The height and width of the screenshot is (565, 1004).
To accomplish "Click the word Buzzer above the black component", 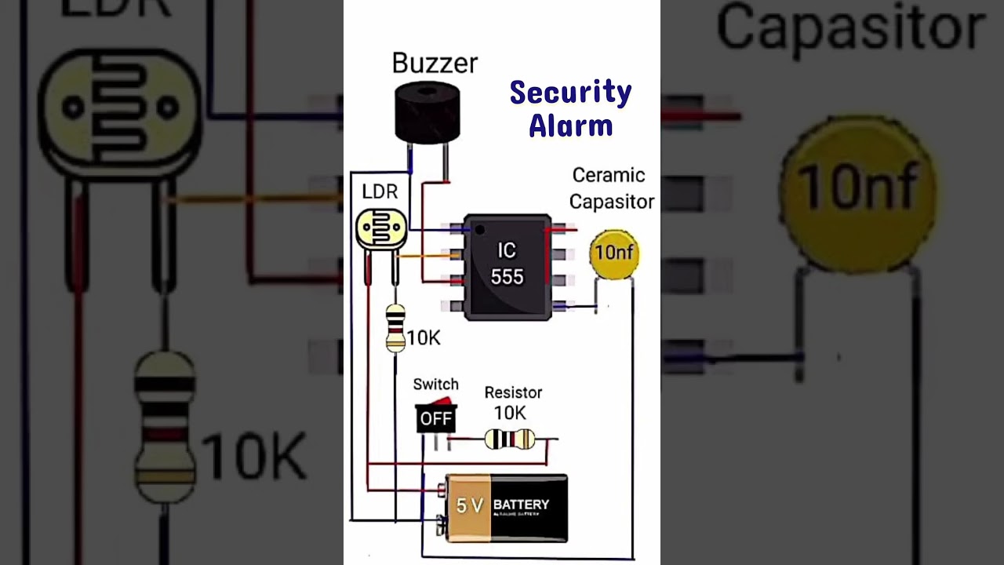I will coord(435,64).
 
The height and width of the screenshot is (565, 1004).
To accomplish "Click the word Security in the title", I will coord(570,93).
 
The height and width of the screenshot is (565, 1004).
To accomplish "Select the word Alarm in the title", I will coord(570,126).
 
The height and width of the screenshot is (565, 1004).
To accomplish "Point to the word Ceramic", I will coord(608,175).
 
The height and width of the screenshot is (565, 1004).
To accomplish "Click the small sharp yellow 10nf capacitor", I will coord(613,253).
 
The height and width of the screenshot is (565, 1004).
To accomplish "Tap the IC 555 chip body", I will coord(507,267).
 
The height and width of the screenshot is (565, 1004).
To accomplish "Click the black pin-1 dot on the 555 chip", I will coord(479,228).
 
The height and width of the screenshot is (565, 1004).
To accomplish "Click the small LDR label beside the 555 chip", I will coord(380,191).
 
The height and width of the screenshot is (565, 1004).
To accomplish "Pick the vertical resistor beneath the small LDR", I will coord(396,327).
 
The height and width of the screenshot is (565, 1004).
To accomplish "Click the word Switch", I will coord(435,385).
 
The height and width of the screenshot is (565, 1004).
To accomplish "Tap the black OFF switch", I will coord(435,418).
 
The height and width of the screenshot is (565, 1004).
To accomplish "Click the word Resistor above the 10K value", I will coord(513,392).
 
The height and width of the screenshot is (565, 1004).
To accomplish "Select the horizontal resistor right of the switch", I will coord(510,439).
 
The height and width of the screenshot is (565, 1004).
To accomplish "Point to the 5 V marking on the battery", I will coord(469,506).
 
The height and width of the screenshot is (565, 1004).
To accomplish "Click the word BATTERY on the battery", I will coord(521,505).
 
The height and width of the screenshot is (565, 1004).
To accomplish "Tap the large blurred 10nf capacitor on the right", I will coord(857,188).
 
